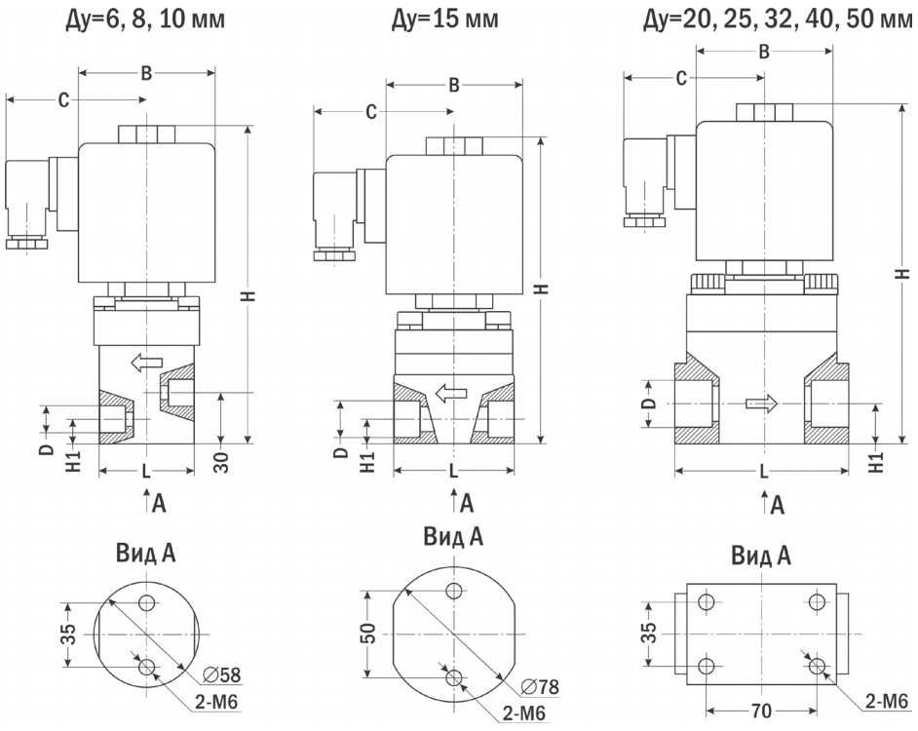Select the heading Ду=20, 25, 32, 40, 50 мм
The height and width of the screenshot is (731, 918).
click(x=777, y=18)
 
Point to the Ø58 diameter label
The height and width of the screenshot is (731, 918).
click(x=223, y=674)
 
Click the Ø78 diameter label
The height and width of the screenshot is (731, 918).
click(x=539, y=686)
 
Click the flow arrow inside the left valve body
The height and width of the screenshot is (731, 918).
click(x=146, y=364)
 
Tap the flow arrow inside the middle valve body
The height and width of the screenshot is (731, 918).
click(x=451, y=394)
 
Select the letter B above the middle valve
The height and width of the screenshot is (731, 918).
click(x=453, y=85)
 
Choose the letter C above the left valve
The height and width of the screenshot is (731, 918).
click(x=63, y=99)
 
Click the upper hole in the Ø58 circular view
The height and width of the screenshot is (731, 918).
click(x=147, y=602)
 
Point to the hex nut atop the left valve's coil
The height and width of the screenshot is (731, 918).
click(x=146, y=134)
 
